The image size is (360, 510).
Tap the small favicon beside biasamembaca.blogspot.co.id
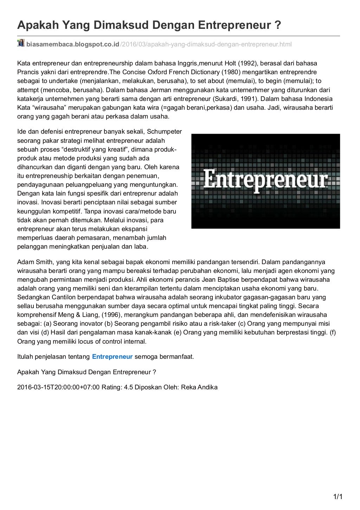point(21,43)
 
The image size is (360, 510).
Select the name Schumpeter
point(164,132)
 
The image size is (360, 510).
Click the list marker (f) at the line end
point(333,332)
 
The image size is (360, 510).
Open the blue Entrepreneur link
point(112,356)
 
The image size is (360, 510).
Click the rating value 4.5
point(129,387)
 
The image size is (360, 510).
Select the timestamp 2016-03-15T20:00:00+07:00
point(58,387)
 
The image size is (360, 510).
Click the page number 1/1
point(337,497)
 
